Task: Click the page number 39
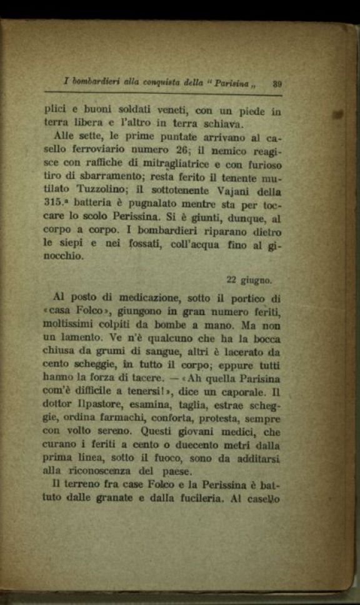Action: point(279,82)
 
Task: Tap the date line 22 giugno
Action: point(249,280)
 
